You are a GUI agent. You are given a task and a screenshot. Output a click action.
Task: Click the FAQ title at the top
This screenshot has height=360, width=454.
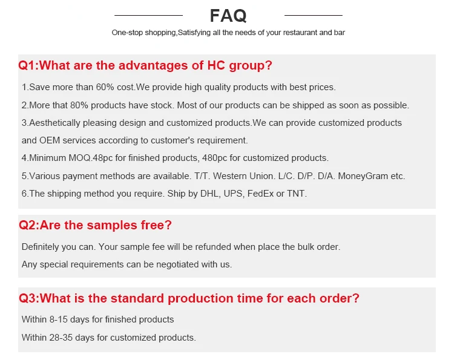(228, 15)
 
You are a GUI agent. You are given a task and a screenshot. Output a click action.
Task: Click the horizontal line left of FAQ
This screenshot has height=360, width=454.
(148, 15)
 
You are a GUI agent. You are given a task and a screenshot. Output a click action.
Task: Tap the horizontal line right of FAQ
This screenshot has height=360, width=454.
(313, 15)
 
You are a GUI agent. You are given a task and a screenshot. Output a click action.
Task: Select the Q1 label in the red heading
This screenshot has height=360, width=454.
(28, 65)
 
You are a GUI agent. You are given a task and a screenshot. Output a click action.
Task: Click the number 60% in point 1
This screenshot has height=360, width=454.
(100, 87)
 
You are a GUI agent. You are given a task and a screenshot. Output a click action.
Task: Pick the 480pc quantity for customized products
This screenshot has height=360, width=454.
(216, 159)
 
